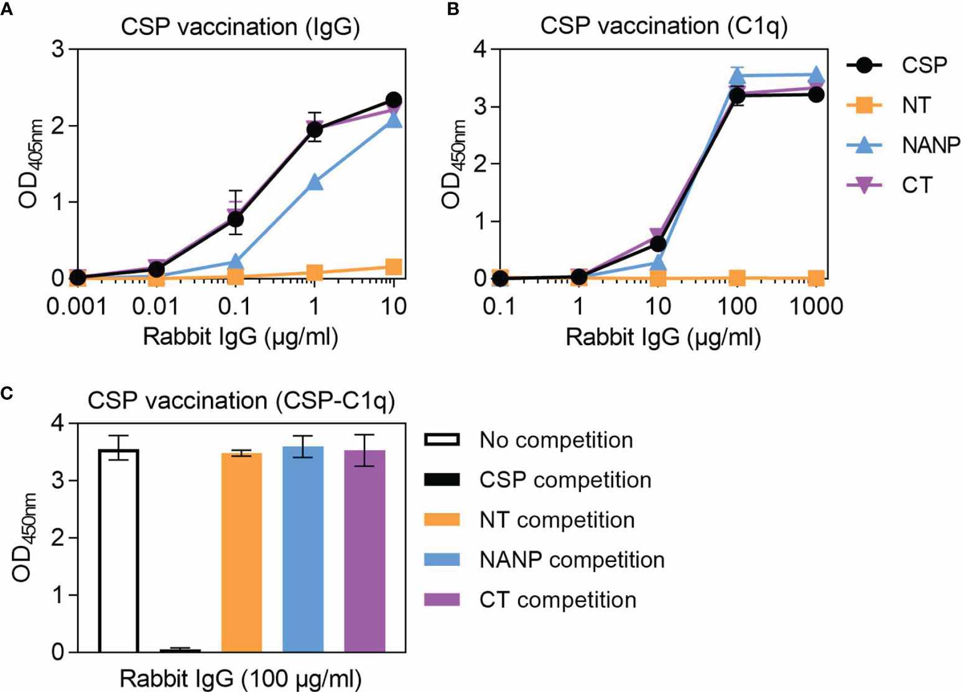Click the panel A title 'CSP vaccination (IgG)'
pos(240,28)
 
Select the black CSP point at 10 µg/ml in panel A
pos(393,100)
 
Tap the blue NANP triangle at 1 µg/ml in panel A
pos(315,182)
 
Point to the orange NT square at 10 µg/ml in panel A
pos(393,267)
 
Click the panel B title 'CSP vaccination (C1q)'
pos(664,27)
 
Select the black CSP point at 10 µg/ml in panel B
pos(658,244)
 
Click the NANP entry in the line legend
pos(930,145)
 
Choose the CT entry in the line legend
pos(917,185)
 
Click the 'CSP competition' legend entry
pos(565,480)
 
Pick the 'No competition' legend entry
pos(556,440)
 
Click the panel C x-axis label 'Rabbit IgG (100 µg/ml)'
pos(240,679)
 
